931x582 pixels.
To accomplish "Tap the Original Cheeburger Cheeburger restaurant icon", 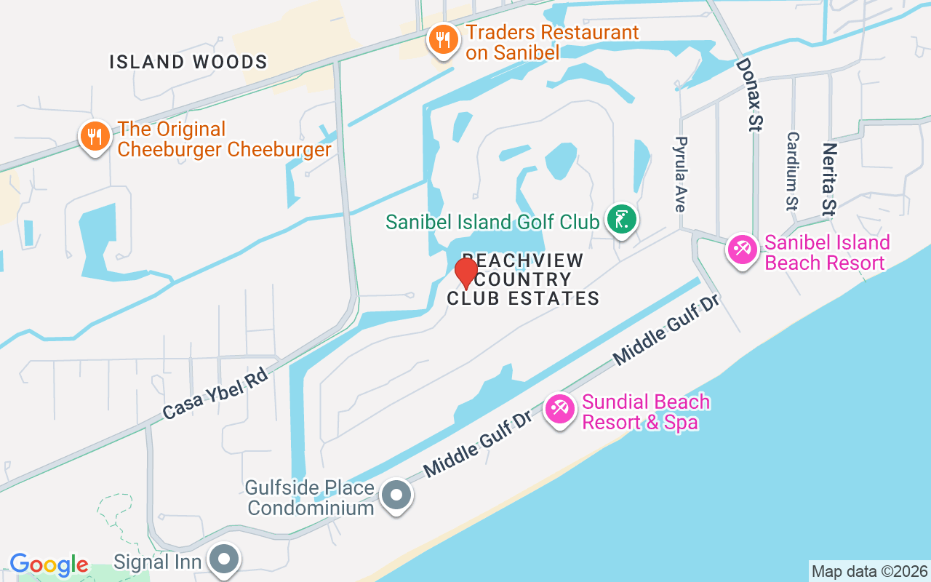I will [x=95, y=136].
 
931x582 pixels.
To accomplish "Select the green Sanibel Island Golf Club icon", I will [x=622, y=220].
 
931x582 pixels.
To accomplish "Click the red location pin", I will [x=465, y=274].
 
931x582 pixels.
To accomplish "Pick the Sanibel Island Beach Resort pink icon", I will [x=742, y=250].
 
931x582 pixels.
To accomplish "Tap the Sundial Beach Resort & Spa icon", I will [x=559, y=410].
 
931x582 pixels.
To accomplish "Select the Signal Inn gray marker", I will [x=224, y=559].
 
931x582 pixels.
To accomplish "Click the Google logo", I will [x=49, y=565].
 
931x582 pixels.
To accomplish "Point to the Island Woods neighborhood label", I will [x=188, y=63].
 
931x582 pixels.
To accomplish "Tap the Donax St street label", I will [x=748, y=95].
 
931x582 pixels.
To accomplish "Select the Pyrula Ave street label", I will [x=681, y=174].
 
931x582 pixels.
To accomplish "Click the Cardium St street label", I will [x=793, y=171].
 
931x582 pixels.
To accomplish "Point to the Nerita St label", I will [x=828, y=179].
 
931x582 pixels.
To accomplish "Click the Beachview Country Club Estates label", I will [x=523, y=280].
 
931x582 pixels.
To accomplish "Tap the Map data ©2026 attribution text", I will [x=869, y=571].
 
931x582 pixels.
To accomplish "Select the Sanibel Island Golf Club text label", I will [x=492, y=221].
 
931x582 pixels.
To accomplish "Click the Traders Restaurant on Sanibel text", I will [x=552, y=42].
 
